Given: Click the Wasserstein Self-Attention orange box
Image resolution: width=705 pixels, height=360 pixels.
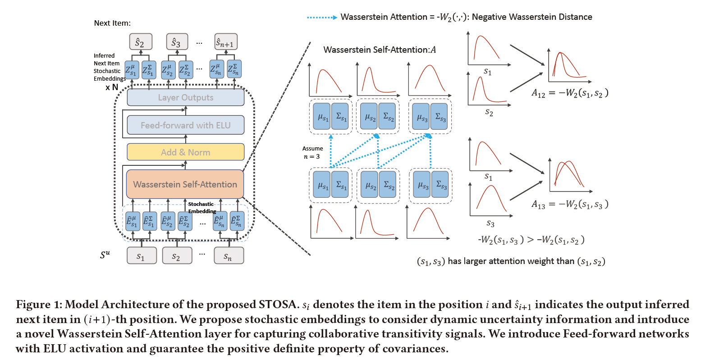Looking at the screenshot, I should click(x=185, y=184).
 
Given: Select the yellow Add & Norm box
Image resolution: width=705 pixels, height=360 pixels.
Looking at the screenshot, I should click(x=185, y=152).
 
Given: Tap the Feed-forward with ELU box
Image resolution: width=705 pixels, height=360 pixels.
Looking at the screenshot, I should click(x=185, y=125).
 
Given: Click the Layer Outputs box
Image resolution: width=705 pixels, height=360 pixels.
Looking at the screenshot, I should click(x=185, y=97).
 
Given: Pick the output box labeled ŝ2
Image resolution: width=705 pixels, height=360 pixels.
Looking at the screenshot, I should click(x=140, y=42).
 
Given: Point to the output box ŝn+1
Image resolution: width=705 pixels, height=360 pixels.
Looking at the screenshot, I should click(x=225, y=42).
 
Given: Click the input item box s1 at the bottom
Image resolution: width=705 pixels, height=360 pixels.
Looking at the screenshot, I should click(x=141, y=256).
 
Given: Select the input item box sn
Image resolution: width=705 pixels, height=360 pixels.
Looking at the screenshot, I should click(x=228, y=256).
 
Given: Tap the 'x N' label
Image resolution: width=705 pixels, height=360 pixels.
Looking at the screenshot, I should click(x=111, y=87).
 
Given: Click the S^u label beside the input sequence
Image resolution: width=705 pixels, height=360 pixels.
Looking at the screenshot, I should click(x=105, y=255).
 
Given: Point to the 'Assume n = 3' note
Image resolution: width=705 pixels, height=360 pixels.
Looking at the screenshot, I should click(x=312, y=152).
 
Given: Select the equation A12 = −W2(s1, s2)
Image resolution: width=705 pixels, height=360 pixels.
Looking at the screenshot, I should click(x=570, y=93).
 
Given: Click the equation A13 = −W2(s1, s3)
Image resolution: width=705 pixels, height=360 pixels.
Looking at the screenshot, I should click(x=570, y=205).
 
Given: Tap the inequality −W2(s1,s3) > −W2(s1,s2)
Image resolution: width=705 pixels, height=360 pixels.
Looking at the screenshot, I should click(x=531, y=240).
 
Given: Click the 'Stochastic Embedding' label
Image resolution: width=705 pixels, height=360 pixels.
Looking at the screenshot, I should click(x=201, y=208).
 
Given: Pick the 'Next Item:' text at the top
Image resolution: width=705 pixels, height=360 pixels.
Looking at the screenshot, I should click(x=112, y=23).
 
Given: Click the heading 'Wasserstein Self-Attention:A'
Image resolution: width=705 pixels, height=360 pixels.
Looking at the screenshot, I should click(x=380, y=50).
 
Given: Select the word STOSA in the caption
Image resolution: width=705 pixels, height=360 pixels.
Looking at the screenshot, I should click(x=277, y=305).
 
